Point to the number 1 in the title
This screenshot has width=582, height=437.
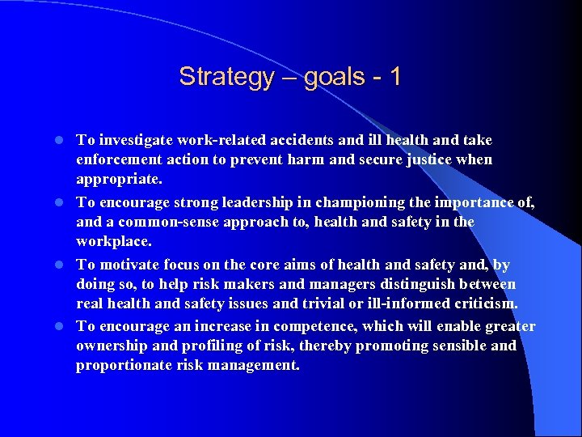[x=394, y=77]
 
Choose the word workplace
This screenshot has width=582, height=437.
[x=113, y=242]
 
